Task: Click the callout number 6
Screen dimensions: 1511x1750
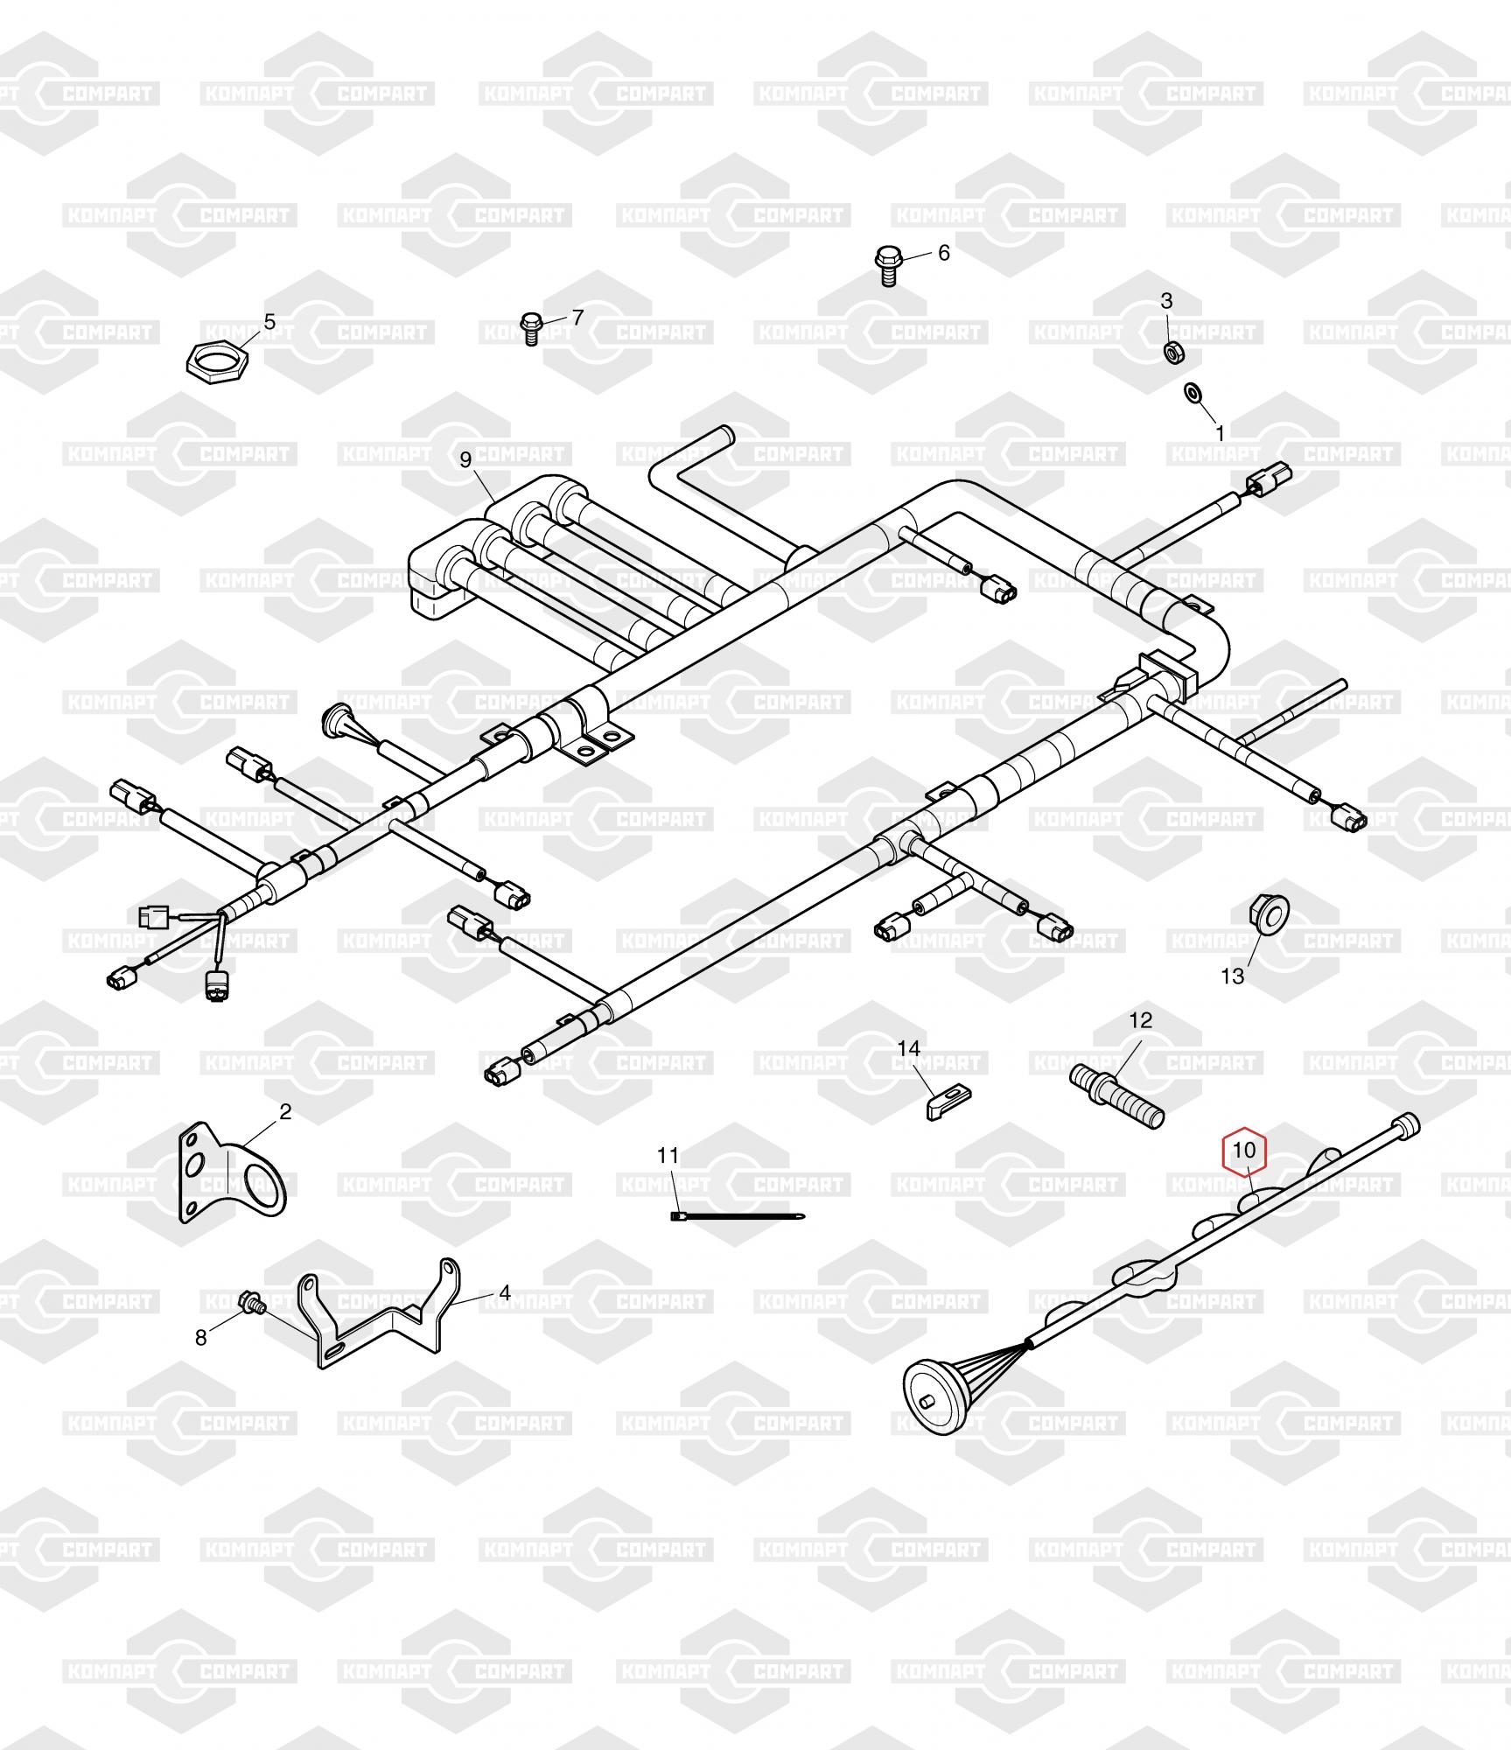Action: tap(943, 253)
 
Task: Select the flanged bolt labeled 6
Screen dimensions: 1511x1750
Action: tap(889, 266)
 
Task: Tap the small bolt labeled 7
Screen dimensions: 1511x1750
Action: tap(529, 328)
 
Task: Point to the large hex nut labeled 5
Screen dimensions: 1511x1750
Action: tap(219, 360)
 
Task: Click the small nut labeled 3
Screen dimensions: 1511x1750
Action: tap(1171, 351)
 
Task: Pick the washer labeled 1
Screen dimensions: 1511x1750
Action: tap(1193, 392)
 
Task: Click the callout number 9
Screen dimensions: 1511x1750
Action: tap(465, 459)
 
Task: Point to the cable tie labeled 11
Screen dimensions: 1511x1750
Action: tap(738, 1215)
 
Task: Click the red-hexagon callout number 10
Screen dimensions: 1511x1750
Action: tap(1244, 1150)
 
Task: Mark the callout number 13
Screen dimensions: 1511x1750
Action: tap(1232, 976)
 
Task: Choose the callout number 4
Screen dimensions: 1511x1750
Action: tap(505, 1292)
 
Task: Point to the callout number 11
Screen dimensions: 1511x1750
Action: tap(668, 1156)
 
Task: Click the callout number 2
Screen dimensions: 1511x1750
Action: tap(285, 1112)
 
